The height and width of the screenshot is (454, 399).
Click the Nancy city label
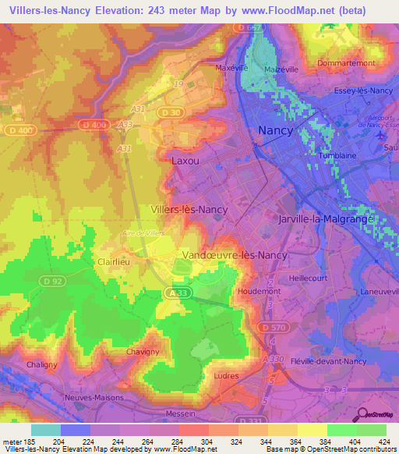(275, 130)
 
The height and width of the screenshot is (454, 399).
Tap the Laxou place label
(185, 161)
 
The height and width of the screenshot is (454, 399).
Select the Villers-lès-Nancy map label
(189, 210)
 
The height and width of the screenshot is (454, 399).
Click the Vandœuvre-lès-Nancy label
(234, 255)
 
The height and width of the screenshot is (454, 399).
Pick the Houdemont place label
(259, 290)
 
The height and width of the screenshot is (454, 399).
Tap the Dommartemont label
(346, 63)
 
